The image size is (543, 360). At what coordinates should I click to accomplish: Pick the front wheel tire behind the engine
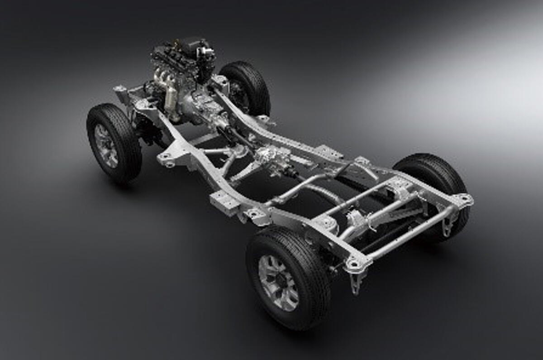(247, 86)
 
